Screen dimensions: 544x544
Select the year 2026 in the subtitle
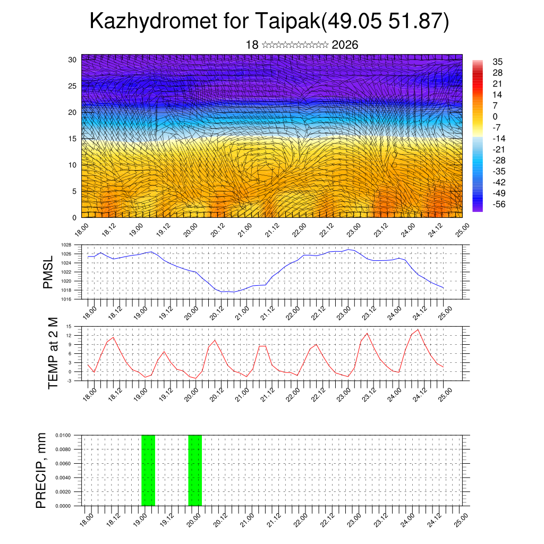[x=345, y=45]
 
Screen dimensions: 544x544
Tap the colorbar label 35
[x=497, y=62]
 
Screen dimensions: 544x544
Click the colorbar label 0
[x=495, y=116]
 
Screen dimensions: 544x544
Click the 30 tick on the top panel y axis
[x=73, y=59]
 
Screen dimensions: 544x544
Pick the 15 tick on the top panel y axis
[x=73, y=139]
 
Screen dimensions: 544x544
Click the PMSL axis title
[x=48, y=272]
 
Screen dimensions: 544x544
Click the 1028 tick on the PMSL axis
[x=66, y=245]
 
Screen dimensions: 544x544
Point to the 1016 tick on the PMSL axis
[x=66, y=299]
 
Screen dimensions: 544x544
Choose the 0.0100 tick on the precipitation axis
[x=63, y=435]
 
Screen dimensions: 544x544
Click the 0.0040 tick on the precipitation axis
[x=63, y=478]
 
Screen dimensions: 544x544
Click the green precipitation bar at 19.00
[x=148, y=470]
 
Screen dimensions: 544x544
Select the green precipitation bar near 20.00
[x=195, y=470]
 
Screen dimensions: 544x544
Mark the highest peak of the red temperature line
[x=418, y=329]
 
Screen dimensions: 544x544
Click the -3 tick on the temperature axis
[x=69, y=380]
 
